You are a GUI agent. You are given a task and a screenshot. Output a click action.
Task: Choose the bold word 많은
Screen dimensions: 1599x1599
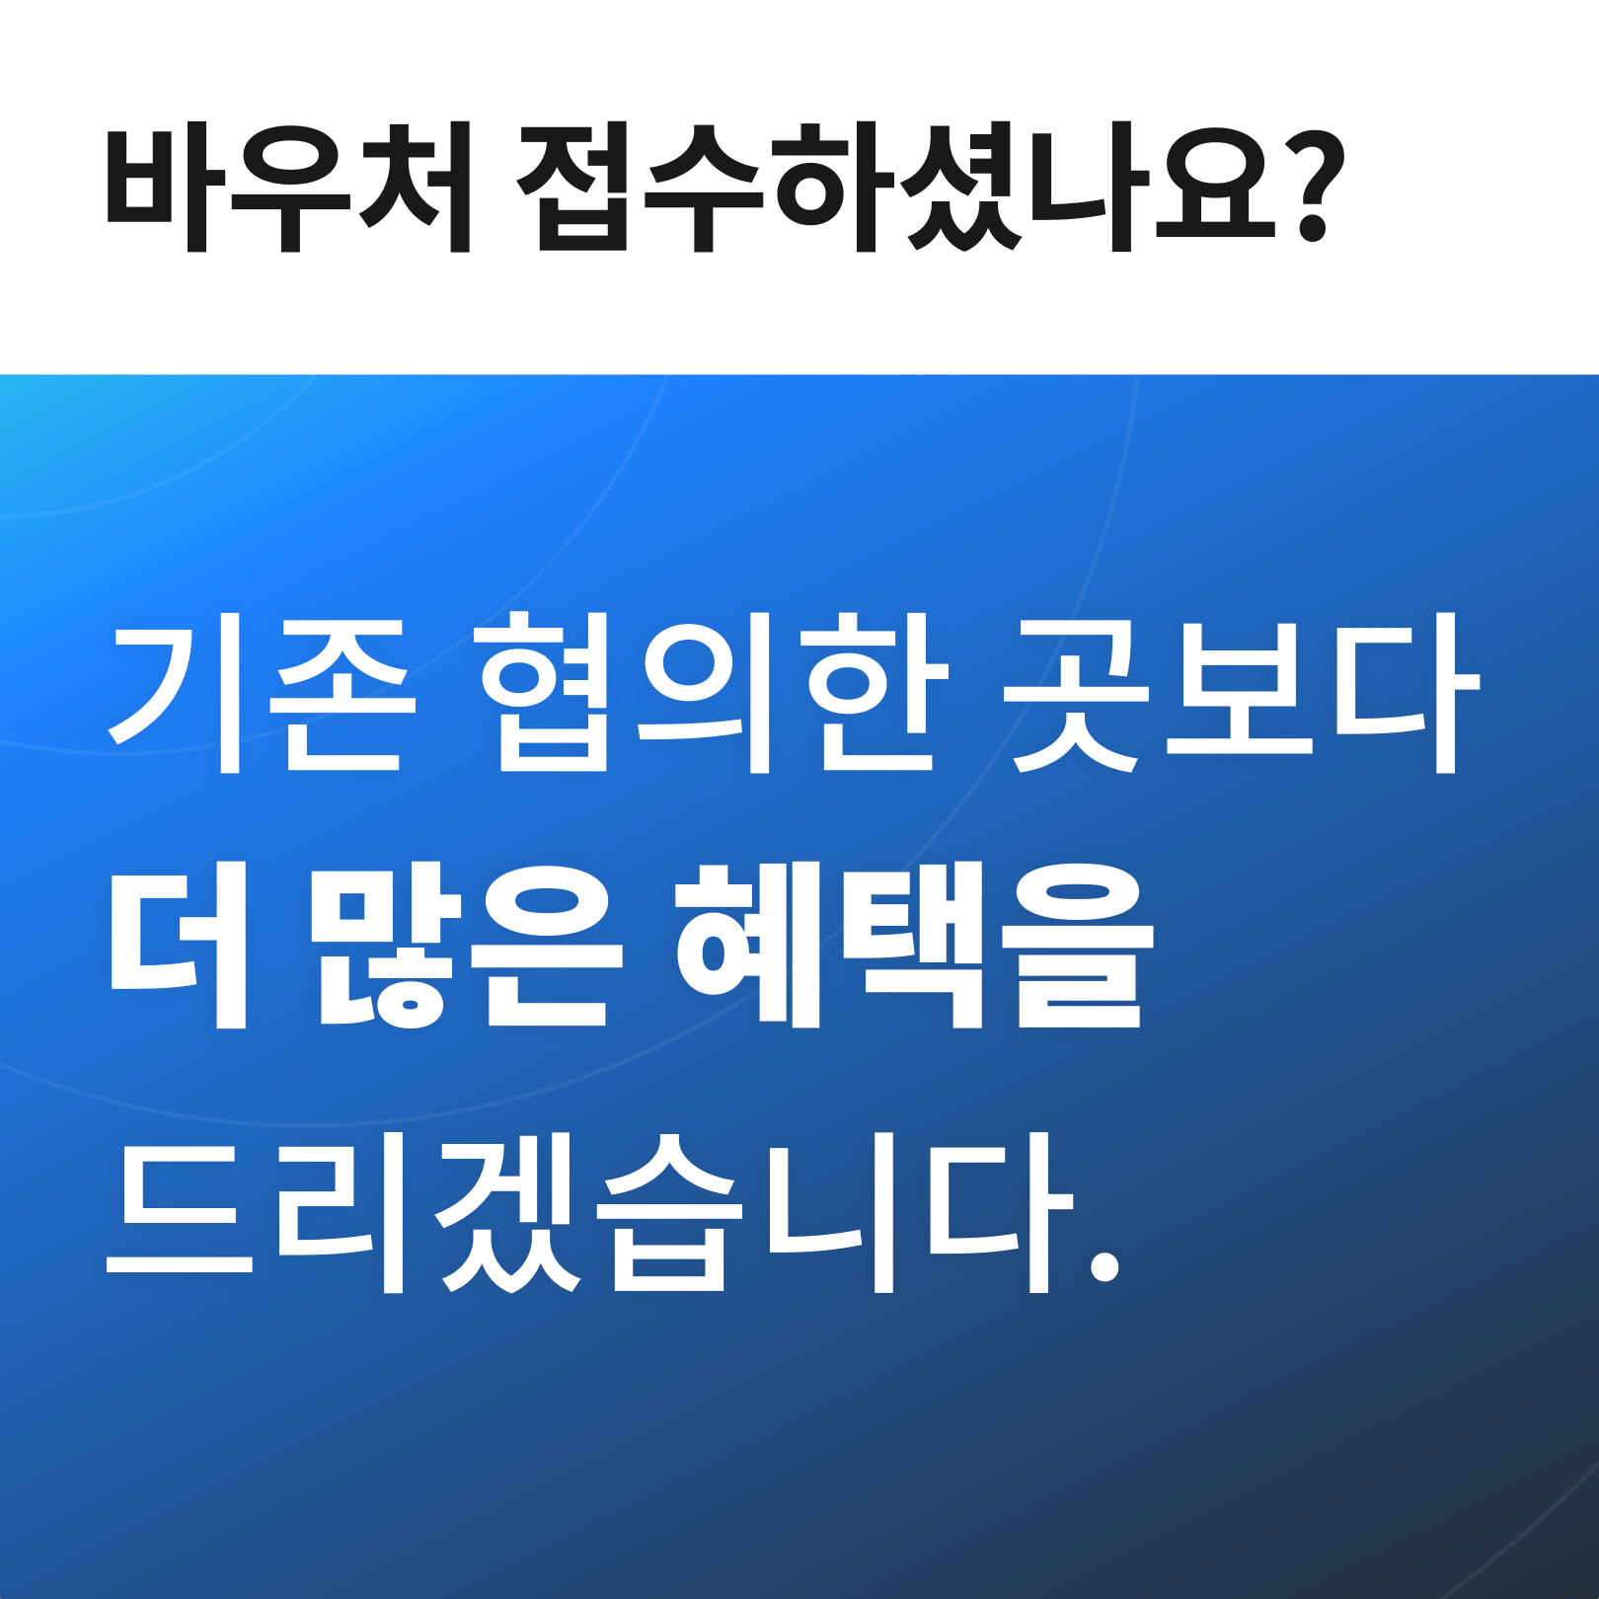tap(466, 946)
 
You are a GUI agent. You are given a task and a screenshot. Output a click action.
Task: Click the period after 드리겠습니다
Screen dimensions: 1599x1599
tap(1104, 1265)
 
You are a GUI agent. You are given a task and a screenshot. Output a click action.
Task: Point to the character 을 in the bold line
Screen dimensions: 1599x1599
tap(1079, 946)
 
